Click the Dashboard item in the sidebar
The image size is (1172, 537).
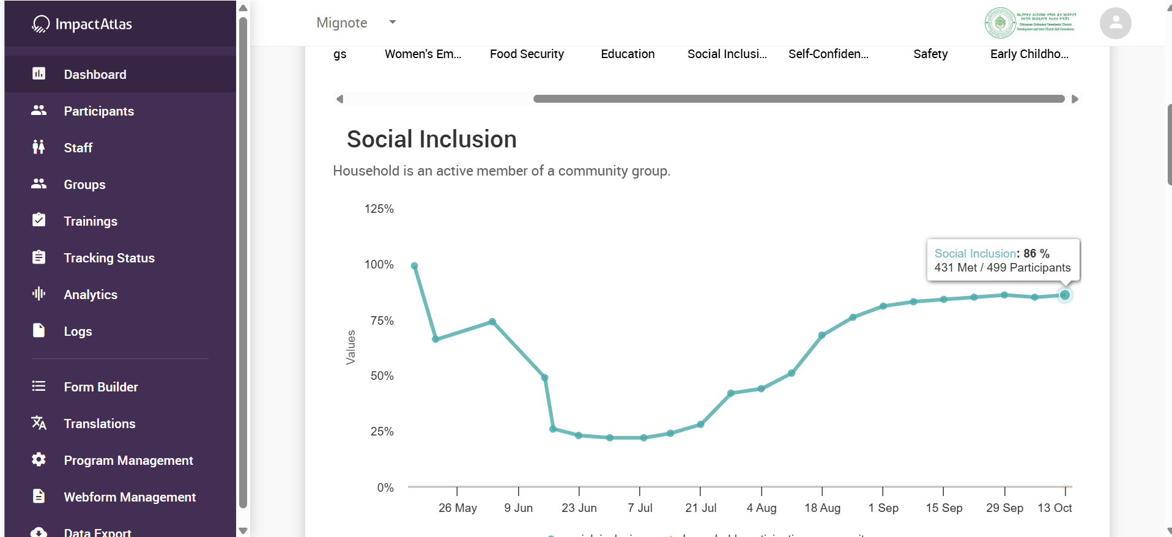pos(95,75)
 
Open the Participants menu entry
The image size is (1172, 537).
pos(98,111)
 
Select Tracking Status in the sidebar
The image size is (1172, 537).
pos(109,258)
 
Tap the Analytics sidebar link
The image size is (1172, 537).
pos(91,295)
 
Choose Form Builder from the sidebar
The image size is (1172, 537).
pos(101,387)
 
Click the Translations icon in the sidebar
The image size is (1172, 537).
pos(39,423)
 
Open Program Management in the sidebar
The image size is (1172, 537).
pos(128,461)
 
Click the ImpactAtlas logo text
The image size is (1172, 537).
pos(93,24)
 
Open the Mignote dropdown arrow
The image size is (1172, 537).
pos(393,23)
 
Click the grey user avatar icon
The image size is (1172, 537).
pos(1115,23)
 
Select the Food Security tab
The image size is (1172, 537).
pos(527,54)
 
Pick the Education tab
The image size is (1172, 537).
pos(628,54)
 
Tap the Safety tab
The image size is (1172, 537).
pos(930,54)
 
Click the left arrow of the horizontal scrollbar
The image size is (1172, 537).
pos(340,99)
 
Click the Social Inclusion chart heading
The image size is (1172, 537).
pos(431,139)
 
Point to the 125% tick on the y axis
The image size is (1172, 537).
pos(379,209)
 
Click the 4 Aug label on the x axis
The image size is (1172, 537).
pos(761,508)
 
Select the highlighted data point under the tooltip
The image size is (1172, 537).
pos(1064,295)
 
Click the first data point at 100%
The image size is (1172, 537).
pos(414,266)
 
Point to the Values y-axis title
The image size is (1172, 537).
pos(350,347)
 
